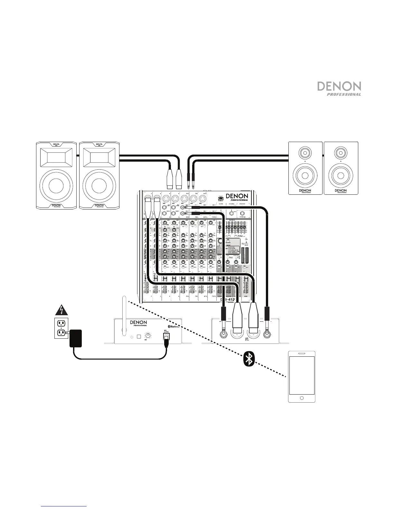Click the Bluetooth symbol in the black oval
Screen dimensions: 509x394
(x=249, y=359)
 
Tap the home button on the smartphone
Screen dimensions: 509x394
(x=301, y=398)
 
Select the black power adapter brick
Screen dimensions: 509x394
(x=76, y=338)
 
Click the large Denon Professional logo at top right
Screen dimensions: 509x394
(x=339, y=88)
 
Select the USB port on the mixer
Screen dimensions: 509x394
(x=221, y=198)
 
